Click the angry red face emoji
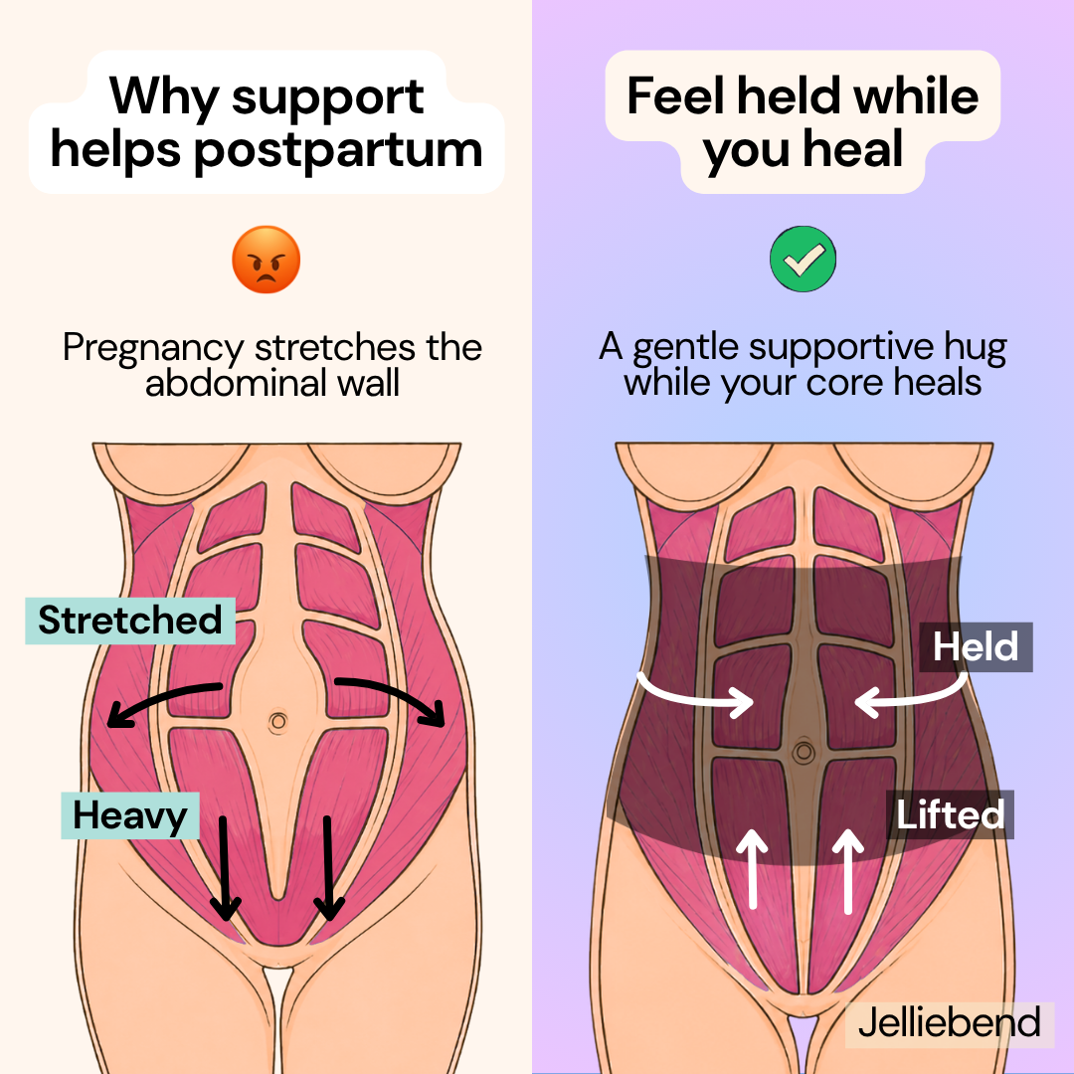pos(266,260)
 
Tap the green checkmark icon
pos(803,259)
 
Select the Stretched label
pos(130,621)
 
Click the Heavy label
pos(130,815)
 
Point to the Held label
pos(976,646)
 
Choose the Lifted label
pos(950,815)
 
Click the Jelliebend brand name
pos(950,1022)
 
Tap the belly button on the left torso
pos(277,722)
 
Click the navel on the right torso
pos(804,753)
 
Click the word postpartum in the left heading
pos(339,150)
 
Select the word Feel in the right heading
pos(675,95)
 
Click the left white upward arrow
pos(753,868)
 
